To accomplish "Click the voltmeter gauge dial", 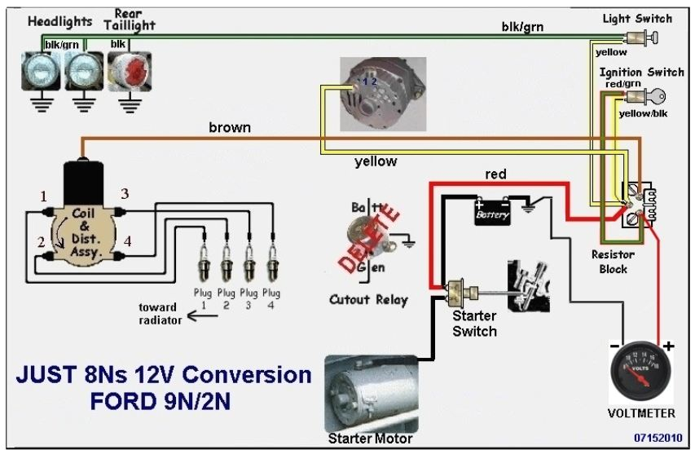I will (x=640, y=372).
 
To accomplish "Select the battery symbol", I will (x=493, y=211).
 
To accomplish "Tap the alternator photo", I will (x=371, y=94).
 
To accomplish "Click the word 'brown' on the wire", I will (x=230, y=127).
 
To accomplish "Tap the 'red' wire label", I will (x=496, y=174).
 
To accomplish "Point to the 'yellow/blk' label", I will (x=643, y=113).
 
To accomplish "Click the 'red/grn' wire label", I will (x=620, y=83).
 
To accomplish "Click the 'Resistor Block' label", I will (x=614, y=262).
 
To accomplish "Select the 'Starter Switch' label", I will (x=475, y=324).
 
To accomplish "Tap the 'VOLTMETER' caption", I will (x=641, y=413).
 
